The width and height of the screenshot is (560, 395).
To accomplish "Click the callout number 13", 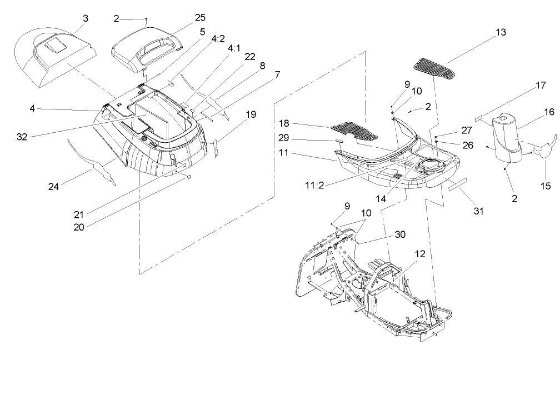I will coord(501,32).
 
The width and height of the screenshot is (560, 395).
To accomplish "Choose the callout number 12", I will coord(419,253).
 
